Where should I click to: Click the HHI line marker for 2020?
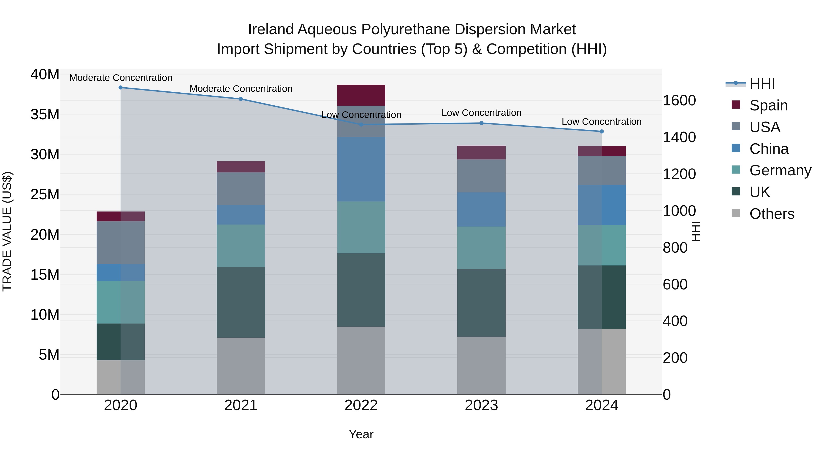(121, 88)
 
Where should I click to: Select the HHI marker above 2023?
(481, 123)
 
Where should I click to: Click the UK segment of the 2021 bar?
(241, 302)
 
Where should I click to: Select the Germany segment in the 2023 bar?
(481, 248)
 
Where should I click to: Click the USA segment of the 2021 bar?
(241, 189)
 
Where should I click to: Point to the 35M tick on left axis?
(45, 114)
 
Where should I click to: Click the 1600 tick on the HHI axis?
(679, 100)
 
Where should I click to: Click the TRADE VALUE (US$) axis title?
(7, 231)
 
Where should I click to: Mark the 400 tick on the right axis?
(675, 321)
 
